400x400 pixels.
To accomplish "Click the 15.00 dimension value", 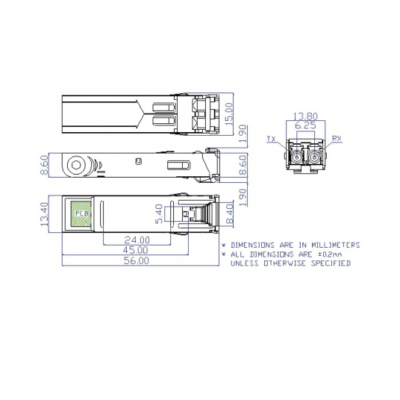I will click(230, 115).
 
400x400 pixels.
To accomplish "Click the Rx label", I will click(337, 139).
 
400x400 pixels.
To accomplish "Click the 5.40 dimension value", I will click(157, 216).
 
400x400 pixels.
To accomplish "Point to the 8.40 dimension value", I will click(230, 215).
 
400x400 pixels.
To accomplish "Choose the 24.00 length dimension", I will click(137, 240).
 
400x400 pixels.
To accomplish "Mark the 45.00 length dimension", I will click(137, 251).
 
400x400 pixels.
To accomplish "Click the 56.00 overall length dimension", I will click(137, 261).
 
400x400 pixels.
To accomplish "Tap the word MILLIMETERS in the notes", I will click(334, 245).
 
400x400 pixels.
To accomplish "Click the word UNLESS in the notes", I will click(246, 263).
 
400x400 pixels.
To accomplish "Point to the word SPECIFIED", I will click(327, 263).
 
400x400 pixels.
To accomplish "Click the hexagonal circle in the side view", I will click(75, 165).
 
